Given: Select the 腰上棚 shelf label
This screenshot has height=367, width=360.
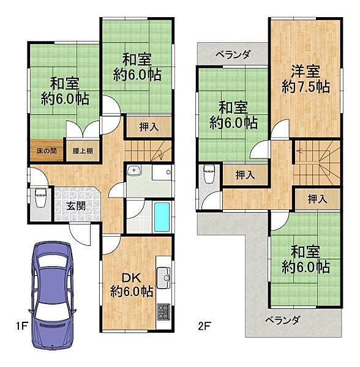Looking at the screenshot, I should pyautogui.click(x=83, y=150).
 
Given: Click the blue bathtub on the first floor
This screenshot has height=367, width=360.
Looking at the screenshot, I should pyautogui.click(x=161, y=217).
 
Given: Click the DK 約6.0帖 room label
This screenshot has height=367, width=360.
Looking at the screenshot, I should pyautogui.click(x=132, y=284).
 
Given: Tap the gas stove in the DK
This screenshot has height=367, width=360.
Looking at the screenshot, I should pyautogui.click(x=163, y=312).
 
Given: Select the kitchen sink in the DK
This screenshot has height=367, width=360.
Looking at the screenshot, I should pyautogui.click(x=163, y=278).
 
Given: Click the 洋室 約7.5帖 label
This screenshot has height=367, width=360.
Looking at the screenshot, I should pyautogui.click(x=305, y=79).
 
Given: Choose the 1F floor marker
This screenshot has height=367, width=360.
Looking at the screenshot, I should pyautogui.click(x=22, y=325).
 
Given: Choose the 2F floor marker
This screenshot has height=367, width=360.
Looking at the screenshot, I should pyautogui.click(x=204, y=325).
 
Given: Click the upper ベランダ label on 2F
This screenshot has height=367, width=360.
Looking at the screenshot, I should pyautogui.click(x=233, y=54).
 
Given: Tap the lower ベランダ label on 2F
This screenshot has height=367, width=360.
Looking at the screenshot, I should pyautogui.click(x=282, y=319).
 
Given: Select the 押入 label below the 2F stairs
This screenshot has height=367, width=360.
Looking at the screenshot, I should pyautogui.click(x=317, y=199).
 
